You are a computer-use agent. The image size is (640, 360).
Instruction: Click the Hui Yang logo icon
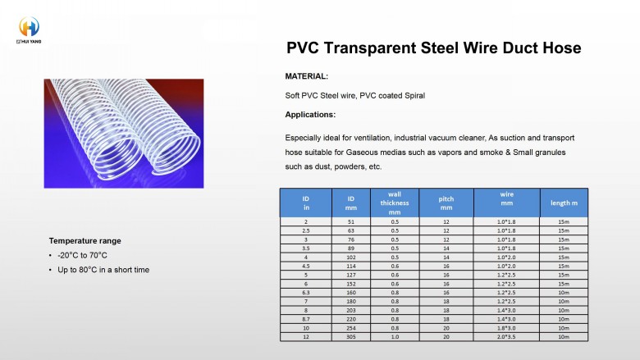[x=29, y=27]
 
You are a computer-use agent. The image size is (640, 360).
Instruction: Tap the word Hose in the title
[x=561, y=48]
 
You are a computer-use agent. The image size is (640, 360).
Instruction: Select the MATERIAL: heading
[x=307, y=76]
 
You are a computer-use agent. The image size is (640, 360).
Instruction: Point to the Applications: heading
[x=310, y=115]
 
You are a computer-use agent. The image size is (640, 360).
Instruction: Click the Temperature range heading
[x=85, y=241]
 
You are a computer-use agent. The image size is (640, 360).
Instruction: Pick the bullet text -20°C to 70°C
[x=82, y=255]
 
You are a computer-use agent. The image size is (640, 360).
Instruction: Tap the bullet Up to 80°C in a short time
[x=103, y=270]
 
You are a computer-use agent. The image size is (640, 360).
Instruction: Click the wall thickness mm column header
[x=395, y=203]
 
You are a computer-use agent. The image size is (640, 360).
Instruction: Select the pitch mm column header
[x=446, y=203]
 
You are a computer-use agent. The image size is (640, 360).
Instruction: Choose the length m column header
[x=564, y=203]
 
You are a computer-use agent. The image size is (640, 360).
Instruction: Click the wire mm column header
[x=506, y=198]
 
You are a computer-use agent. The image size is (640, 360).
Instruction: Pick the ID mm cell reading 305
[x=351, y=337]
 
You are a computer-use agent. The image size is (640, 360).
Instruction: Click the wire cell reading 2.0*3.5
[x=506, y=337]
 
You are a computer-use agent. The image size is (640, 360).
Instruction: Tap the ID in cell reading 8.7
[x=306, y=319]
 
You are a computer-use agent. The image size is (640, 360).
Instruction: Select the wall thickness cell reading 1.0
[x=395, y=337]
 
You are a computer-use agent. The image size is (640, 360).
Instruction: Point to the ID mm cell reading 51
[x=351, y=221]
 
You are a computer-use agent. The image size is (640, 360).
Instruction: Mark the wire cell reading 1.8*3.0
[x=506, y=328]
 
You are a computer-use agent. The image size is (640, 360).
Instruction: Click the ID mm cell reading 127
[x=351, y=276]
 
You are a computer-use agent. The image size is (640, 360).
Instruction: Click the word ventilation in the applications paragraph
[x=373, y=138]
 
